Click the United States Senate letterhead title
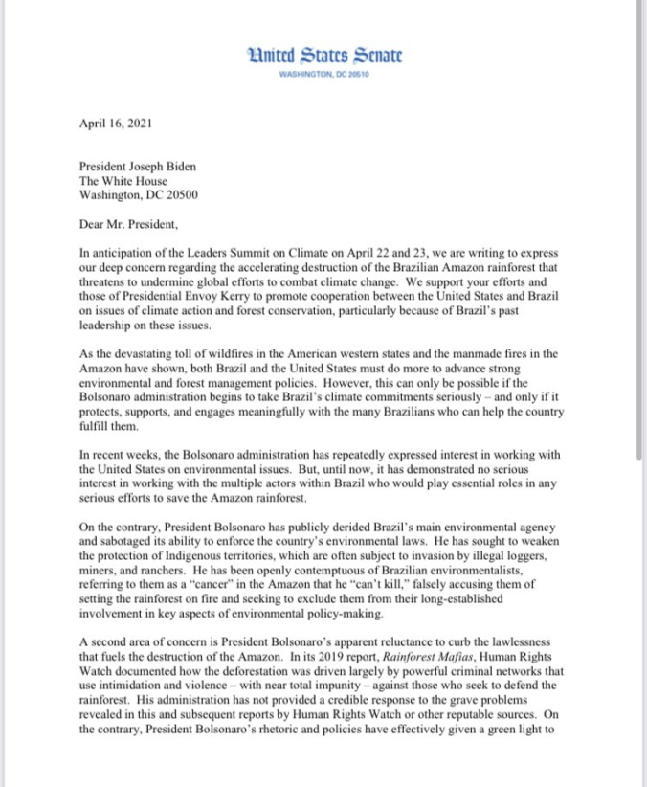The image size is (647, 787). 323,56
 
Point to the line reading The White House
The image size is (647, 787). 123,181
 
